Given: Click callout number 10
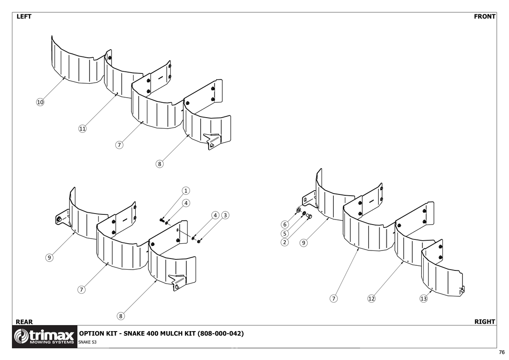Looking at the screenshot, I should pos(40,102).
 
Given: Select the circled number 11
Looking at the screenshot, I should pos(82,128).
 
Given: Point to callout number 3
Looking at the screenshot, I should pos(225,215).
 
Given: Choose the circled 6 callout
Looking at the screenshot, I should pos(285,224).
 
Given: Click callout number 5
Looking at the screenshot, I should pos(285,233).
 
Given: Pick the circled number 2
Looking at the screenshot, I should pos(285,242).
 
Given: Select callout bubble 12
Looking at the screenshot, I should pos(372,298).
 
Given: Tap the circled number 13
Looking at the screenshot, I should pos(423,298).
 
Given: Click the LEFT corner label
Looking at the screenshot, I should pos(24,17).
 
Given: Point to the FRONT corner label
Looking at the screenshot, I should pos(485,17).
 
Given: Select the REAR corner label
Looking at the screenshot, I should pos(24,322).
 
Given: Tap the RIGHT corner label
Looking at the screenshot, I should pos(485,322).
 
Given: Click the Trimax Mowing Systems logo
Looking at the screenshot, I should pos(45,337).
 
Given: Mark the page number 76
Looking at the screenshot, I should pos(502,352).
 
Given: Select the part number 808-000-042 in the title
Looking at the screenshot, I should pos(221,334).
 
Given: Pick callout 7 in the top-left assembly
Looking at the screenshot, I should pos(120,145).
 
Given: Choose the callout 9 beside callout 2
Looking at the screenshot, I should pos(303,242).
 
